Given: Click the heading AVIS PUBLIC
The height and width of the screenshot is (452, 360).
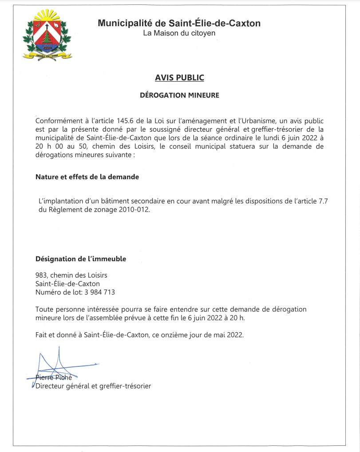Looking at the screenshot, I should [x=179, y=78].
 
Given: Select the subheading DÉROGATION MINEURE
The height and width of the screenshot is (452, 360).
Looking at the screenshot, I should [x=179, y=95].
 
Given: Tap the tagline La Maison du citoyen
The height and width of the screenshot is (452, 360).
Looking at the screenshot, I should [x=179, y=33].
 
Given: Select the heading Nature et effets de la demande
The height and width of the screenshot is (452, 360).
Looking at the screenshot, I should [x=87, y=177].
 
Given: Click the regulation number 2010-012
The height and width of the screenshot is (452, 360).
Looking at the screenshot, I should [x=134, y=209].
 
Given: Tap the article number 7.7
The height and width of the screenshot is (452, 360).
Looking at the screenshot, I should [x=324, y=201].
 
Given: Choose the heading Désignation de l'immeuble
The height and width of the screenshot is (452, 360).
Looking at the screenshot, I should [x=81, y=259].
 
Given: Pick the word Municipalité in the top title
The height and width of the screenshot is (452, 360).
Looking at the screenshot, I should [x=125, y=23].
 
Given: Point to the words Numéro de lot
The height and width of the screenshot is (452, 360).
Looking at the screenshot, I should [x=56, y=292].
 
